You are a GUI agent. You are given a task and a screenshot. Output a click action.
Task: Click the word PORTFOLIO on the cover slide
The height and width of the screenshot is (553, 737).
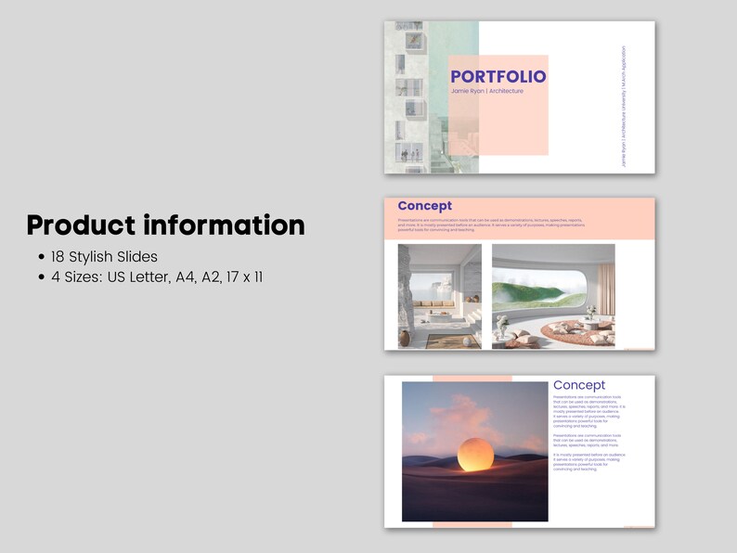(498, 77)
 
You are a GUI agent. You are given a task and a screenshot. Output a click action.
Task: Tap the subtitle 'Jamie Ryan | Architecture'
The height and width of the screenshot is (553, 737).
(487, 91)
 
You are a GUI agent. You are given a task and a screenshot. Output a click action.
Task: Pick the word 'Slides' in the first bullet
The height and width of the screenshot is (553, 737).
(137, 257)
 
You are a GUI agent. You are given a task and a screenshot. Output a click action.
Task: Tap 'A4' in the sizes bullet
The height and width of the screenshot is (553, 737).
(187, 276)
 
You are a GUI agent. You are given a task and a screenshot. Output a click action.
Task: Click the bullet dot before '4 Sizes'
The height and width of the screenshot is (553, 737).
(41, 276)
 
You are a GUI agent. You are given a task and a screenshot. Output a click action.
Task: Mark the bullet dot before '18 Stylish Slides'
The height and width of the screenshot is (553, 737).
(41, 257)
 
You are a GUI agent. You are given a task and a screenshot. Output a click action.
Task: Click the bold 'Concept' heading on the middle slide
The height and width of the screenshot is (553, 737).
(424, 206)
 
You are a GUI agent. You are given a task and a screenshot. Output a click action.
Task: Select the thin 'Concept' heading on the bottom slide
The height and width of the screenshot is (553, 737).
(578, 385)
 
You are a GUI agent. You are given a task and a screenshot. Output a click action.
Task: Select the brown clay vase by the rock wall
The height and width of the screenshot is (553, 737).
(404, 338)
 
